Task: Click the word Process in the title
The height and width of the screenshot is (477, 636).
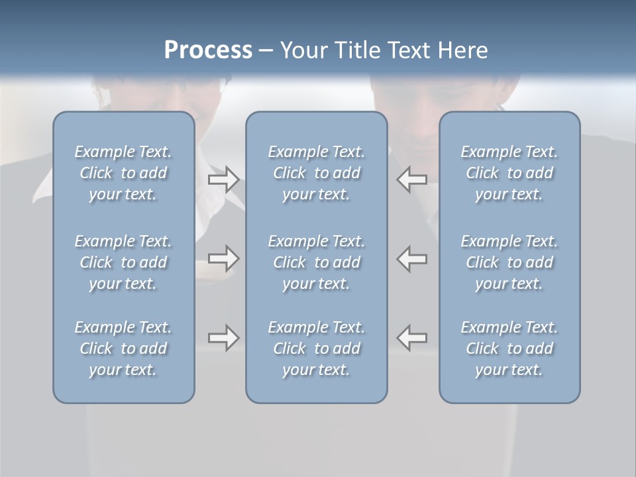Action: pyautogui.click(x=208, y=50)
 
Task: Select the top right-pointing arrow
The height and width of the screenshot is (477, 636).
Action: pyautogui.click(x=224, y=180)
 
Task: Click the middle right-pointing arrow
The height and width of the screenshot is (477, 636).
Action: pyautogui.click(x=224, y=258)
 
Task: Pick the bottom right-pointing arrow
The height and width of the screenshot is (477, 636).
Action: pyautogui.click(x=224, y=338)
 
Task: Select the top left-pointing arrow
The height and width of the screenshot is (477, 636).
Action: pyautogui.click(x=412, y=180)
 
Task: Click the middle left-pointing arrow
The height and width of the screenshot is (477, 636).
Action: pyautogui.click(x=412, y=258)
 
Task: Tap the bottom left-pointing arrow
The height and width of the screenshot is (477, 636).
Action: pyautogui.click(x=412, y=338)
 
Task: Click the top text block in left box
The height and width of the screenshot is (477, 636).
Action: pyautogui.click(x=123, y=173)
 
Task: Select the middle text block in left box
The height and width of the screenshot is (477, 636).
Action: pyautogui.click(x=123, y=262)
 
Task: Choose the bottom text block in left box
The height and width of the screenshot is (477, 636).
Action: pyautogui.click(x=123, y=348)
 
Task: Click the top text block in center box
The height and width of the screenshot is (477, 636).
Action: pyautogui.click(x=317, y=173)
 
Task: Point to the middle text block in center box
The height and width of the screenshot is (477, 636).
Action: pyautogui.click(x=317, y=262)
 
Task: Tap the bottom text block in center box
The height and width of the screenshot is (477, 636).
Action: pyautogui.click(x=317, y=348)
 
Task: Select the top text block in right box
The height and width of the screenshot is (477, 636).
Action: pyautogui.click(x=509, y=173)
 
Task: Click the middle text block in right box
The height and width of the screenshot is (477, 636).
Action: pyautogui.click(x=509, y=262)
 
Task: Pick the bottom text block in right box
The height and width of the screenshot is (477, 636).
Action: pyautogui.click(x=509, y=348)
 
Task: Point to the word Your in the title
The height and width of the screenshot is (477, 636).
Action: pyautogui.click(x=303, y=50)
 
